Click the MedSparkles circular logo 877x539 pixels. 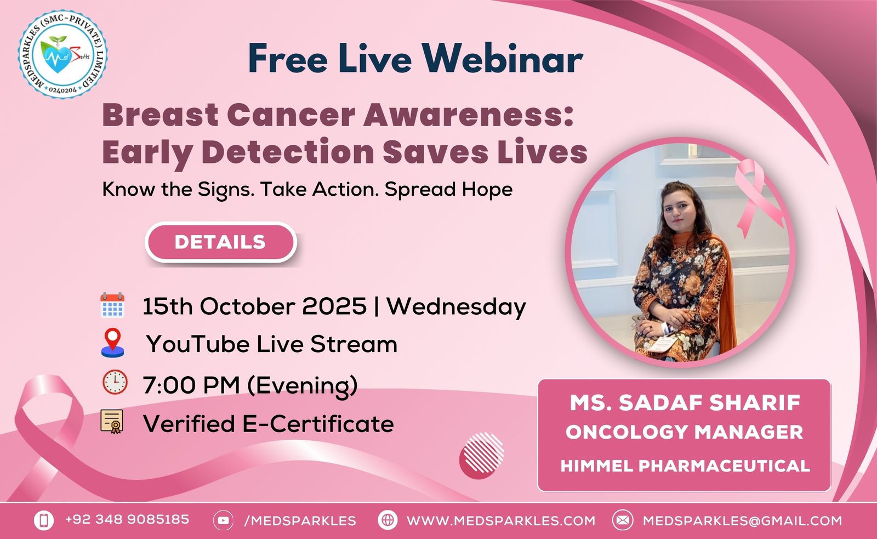[62, 54]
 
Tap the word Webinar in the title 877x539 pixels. [503, 59]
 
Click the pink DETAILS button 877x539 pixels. [221, 242]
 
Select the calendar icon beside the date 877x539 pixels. [112, 305]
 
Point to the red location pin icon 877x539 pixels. [113, 343]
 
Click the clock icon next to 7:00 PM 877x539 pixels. [115, 382]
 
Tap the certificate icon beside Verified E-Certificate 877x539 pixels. [112, 422]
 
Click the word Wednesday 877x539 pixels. [457, 307]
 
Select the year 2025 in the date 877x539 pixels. [334, 306]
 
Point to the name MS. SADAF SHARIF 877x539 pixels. [685, 402]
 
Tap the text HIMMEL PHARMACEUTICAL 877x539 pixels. [685, 466]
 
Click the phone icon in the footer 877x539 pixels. [44, 520]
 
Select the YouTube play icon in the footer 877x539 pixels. [223, 520]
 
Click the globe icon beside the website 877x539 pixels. [388, 520]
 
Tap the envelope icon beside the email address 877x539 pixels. [623, 520]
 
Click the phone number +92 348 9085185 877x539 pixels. [127, 519]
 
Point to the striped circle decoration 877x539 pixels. [482, 456]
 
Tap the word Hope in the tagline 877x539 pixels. [487, 190]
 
